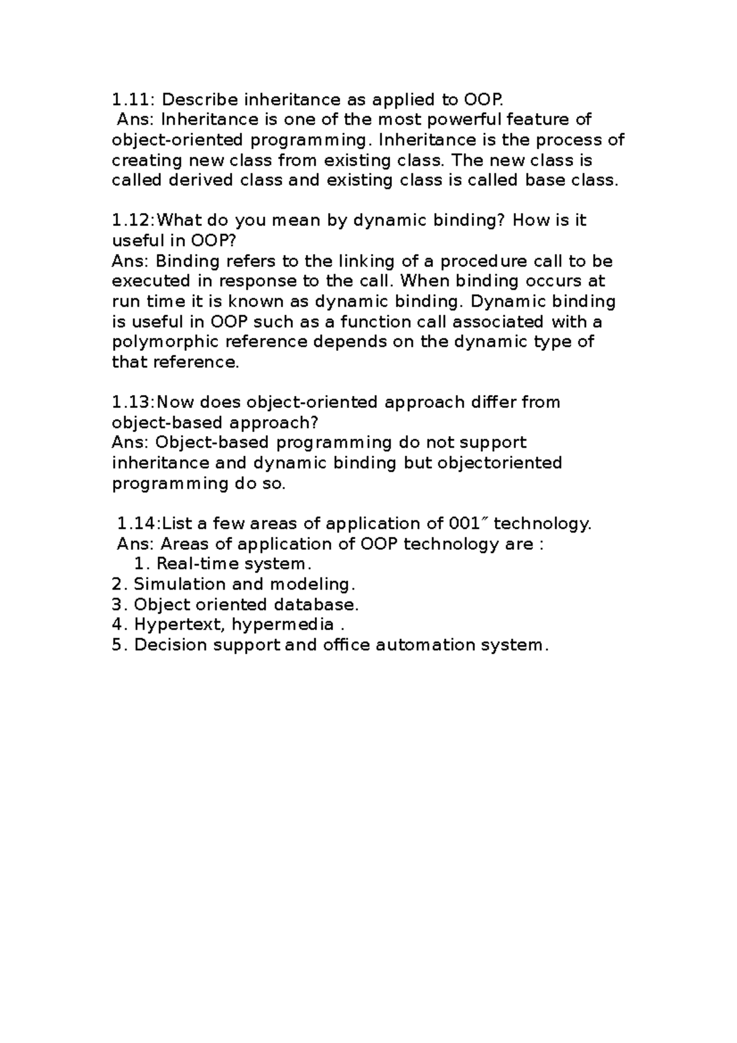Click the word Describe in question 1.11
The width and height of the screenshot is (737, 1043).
coord(200,100)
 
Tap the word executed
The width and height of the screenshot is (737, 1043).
coord(150,281)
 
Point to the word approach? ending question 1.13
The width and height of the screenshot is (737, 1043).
coord(275,423)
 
